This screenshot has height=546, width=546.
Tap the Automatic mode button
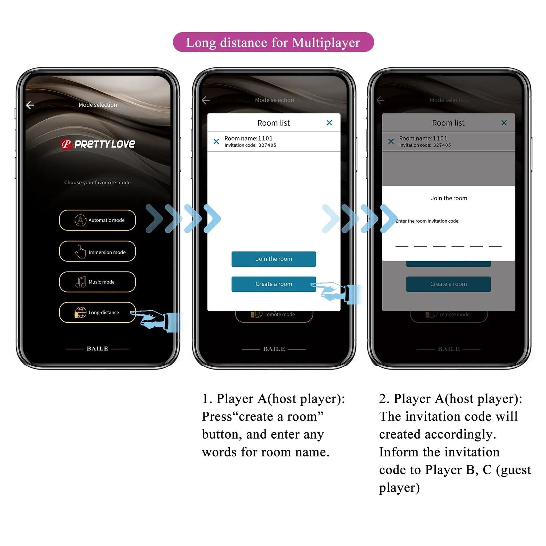pyautogui.click(x=97, y=220)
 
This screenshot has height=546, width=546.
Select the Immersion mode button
pyautogui.click(x=97, y=251)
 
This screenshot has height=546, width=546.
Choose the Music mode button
pyautogui.click(x=97, y=282)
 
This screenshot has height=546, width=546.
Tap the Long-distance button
pyautogui.click(x=97, y=312)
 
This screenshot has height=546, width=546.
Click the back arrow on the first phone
pyautogui.click(x=30, y=105)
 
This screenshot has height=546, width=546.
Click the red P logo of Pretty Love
pyautogui.click(x=66, y=144)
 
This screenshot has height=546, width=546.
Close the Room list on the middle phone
pyautogui.click(x=329, y=123)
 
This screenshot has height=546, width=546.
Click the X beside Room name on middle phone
pyautogui.click(x=216, y=141)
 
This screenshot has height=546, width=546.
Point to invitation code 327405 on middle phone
pyautogui.click(x=267, y=145)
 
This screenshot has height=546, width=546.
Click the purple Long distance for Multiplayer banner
pyautogui.click(x=273, y=42)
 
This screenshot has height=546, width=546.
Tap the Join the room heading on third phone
pyautogui.click(x=449, y=198)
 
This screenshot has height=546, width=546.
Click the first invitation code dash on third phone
pyautogui.click(x=402, y=246)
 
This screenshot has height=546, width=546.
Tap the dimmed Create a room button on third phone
pyautogui.click(x=448, y=284)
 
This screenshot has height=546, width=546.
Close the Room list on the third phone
pyautogui.click(x=504, y=123)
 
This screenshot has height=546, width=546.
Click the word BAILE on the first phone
pyautogui.click(x=97, y=348)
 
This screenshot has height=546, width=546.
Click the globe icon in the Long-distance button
pyautogui.click(x=80, y=312)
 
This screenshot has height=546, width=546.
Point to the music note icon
pyautogui.click(x=81, y=282)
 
